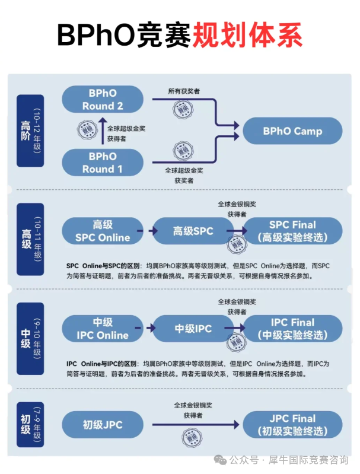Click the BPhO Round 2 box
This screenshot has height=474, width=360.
[x=103, y=100]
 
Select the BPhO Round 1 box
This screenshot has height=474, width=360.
[x=103, y=163]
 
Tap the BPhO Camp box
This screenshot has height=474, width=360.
[x=292, y=131]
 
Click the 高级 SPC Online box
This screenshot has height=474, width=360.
[x=102, y=231]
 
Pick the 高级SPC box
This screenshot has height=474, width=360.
[x=193, y=231]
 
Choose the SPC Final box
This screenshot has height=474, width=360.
[x=292, y=231]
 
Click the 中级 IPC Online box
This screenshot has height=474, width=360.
[x=102, y=329]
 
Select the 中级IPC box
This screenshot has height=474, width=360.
[x=193, y=329]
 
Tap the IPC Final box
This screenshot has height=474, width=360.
[x=292, y=329]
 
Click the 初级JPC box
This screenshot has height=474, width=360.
[x=102, y=425]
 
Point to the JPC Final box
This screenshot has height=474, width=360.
[x=292, y=425]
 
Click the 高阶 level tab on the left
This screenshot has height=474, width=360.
[x=30, y=131]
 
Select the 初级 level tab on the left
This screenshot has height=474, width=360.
[x=30, y=421]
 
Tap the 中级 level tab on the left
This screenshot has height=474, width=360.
[x=30, y=338]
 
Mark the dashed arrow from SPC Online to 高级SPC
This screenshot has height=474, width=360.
[x=140, y=230]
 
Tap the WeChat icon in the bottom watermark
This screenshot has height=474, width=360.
[x=221, y=459]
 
